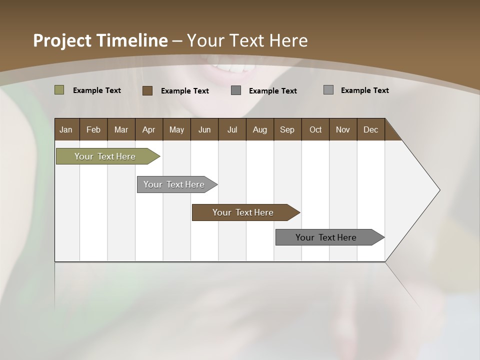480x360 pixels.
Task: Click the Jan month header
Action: click(x=66, y=129)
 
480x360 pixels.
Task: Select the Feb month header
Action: click(x=93, y=129)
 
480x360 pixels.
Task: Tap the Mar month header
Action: click(x=121, y=129)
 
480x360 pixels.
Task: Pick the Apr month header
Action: click(x=149, y=129)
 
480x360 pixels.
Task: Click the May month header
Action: click(x=176, y=129)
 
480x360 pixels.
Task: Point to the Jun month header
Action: click(x=204, y=129)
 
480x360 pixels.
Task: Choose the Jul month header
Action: click(x=232, y=129)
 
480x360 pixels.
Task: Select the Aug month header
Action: click(x=260, y=129)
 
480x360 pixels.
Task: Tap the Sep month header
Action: click(x=287, y=129)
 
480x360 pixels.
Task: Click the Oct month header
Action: click(x=315, y=129)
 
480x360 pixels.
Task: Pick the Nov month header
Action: click(x=343, y=129)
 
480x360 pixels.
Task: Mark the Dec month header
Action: click(x=370, y=129)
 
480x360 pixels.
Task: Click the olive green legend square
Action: click(x=59, y=90)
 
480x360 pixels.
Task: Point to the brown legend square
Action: click(x=147, y=90)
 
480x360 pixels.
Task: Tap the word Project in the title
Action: click(x=62, y=40)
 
